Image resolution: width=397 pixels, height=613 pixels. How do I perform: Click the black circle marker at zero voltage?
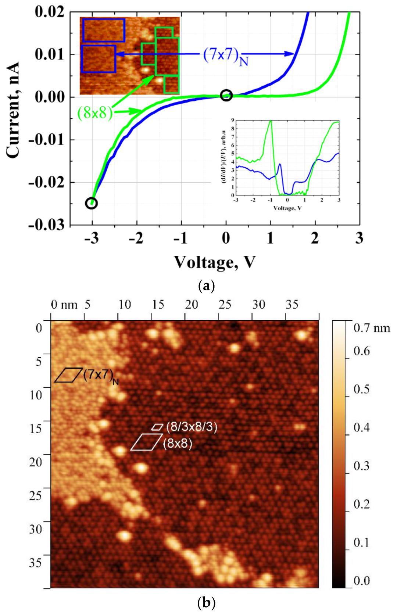(x=226, y=95)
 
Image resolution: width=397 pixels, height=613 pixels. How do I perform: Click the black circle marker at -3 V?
(x=92, y=203)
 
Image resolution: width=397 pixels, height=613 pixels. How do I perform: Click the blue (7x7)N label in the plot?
(x=225, y=56)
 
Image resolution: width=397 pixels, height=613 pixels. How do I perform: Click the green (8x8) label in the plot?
(x=94, y=112)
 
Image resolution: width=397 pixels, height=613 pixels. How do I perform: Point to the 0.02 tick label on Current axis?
(x=50, y=12)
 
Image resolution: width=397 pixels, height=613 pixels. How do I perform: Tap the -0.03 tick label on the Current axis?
(x=47, y=225)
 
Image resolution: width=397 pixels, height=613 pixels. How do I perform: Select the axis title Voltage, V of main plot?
(x=215, y=262)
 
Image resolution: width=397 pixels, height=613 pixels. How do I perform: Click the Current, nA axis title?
(x=13, y=110)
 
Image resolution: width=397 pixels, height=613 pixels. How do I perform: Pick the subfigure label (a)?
(x=206, y=286)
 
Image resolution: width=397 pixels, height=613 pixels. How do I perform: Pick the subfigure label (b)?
(x=206, y=603)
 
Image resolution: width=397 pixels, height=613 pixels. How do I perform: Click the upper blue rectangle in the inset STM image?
(x=104, y=30)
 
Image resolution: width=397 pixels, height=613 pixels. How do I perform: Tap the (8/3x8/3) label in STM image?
(x=192, y=427)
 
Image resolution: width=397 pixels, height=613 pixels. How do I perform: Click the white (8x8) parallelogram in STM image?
(x=146, y=442)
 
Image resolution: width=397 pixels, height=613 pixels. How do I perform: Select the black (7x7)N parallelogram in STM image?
(x=68, y=375)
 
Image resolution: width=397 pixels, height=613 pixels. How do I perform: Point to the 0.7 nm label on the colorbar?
(x=372, y=328)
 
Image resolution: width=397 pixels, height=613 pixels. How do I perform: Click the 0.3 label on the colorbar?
(x=361, y=466)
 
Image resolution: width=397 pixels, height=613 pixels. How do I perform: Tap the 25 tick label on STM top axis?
(x=225, y=304)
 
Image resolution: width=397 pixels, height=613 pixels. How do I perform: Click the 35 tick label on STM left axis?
(x=36, y=563)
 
